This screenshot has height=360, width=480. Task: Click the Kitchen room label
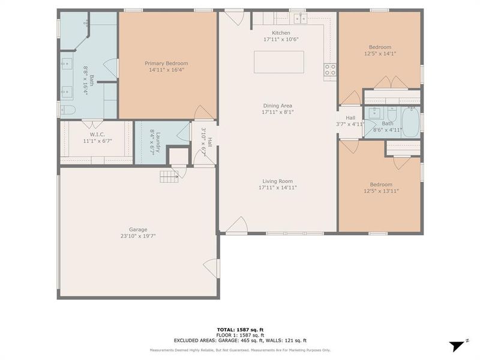click(281, 33)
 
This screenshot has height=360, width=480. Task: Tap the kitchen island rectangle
click(278, 62)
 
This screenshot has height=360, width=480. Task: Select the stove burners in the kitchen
click(330, 70)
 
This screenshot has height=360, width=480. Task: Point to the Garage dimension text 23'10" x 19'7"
click(137, 236)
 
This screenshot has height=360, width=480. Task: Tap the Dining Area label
click(277, 106)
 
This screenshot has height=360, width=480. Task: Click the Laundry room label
click(155, 142)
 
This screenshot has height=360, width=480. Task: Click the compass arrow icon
click(457, 345)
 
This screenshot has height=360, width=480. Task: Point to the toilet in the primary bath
click(67, 110)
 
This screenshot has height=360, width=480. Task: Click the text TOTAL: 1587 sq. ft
click(240, 330)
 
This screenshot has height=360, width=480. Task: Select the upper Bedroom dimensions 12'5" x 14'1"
click(380, 53)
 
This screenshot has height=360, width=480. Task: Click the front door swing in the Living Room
click(239, 224)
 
